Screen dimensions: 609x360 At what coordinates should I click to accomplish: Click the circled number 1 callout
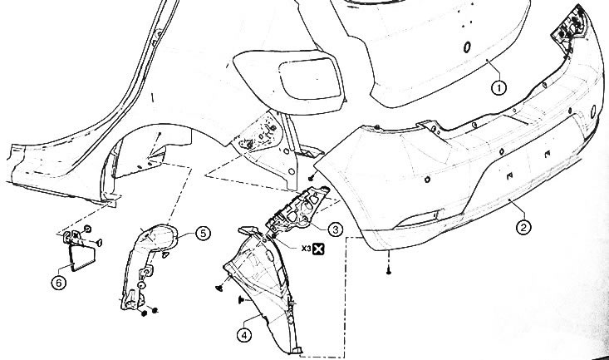[x=499, y=88]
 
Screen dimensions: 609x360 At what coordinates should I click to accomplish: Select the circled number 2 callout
[x=524, y=227]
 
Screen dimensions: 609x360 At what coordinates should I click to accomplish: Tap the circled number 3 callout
[x=335, y=229]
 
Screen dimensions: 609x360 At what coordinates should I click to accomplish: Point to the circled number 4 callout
[x=244, y=335]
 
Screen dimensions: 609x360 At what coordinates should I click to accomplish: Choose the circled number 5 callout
[x=203, y=234]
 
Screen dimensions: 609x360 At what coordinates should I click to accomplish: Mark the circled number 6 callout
[x=59, y=283]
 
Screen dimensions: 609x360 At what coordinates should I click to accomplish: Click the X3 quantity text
[x=306, y=248]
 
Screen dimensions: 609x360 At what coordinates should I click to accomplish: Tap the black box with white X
[x=318, y=249]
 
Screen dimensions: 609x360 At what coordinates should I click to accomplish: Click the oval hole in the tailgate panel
[x=467, y=47]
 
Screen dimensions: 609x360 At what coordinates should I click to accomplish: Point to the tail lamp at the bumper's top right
[x=570, y=28]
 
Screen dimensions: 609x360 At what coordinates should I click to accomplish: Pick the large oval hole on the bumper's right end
[x=594, y=111]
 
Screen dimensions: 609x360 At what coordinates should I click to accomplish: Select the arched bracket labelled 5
[x=148, y=264]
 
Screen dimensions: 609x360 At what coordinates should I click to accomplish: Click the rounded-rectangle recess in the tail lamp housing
[x=310, y=78]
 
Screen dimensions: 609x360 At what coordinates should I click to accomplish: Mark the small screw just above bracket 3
[x=311, y=178]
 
